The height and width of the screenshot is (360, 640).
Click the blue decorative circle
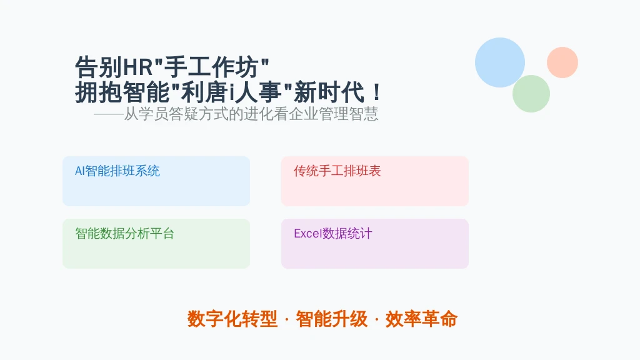coord(500,62)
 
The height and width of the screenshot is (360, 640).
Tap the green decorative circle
coord(531,94)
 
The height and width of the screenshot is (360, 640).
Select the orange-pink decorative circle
coord(562,62)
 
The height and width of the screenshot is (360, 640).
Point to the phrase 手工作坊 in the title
coord(211,67)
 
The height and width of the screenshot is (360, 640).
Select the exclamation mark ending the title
coord(377,92)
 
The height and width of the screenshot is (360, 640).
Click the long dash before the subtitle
coord(109,115)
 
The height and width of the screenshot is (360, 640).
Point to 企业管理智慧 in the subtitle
coord(334,114)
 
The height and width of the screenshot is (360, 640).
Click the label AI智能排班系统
coord(117,171)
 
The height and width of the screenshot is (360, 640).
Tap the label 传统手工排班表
coord(337,171)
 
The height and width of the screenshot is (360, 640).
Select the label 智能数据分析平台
coord(124,234)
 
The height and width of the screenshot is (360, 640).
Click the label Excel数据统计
coord(333,234)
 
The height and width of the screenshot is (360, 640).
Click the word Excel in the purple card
coord(308,234)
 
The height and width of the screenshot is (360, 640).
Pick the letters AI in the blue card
coord(79,171)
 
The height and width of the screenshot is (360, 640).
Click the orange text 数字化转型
coord(232,319)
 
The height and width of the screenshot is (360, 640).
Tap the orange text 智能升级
coord(331,319)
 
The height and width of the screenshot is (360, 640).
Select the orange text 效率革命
coord(421,319)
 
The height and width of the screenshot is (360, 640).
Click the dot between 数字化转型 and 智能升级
coord(286,319)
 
